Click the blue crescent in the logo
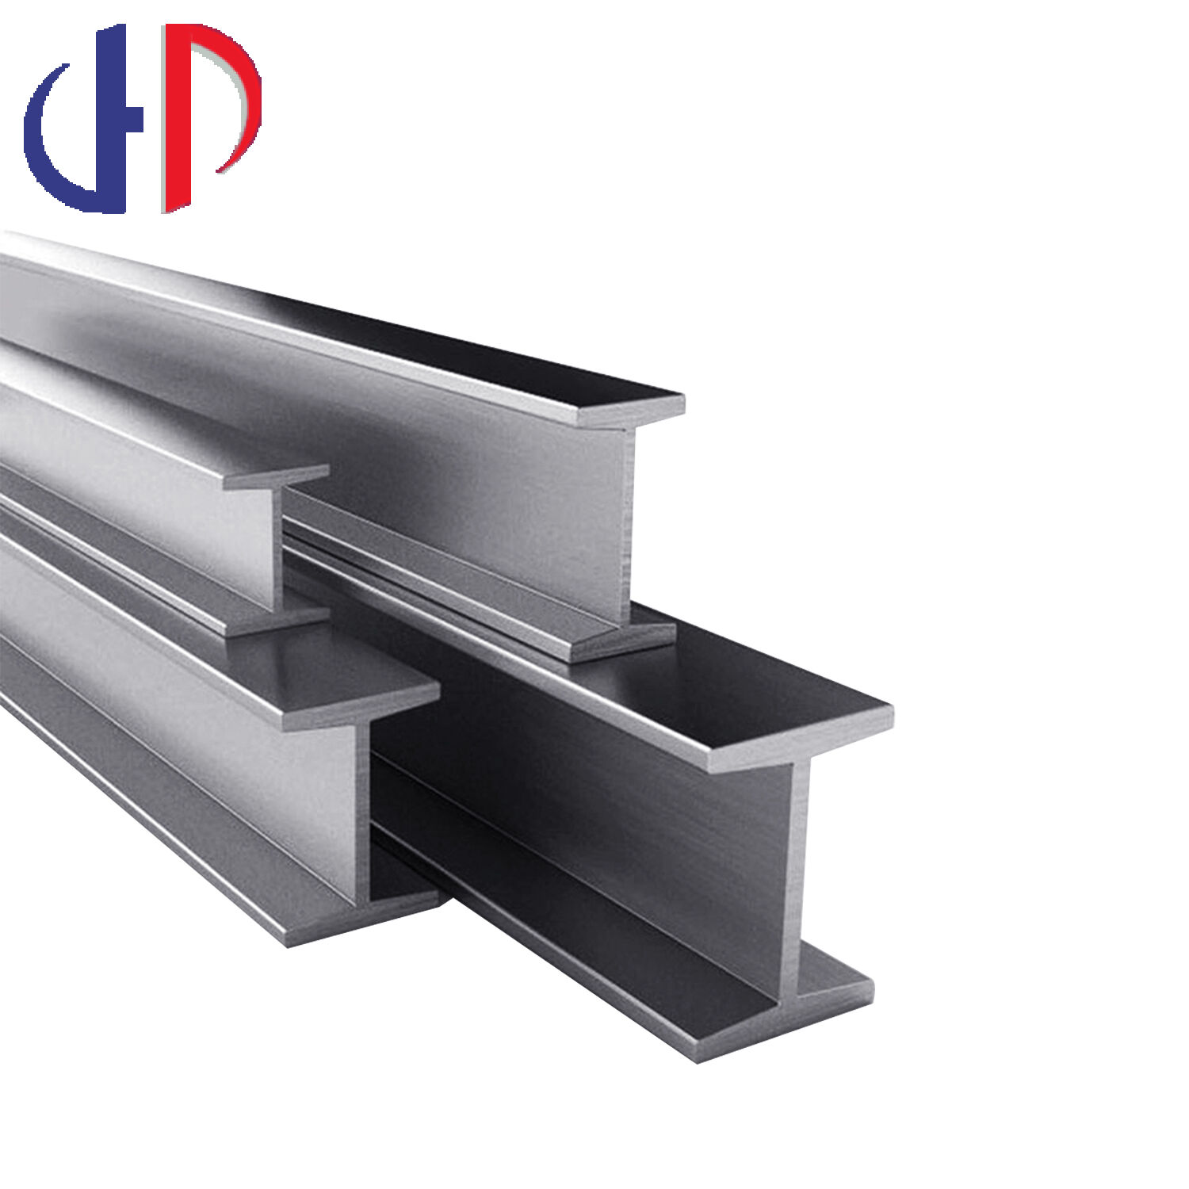[x=49, y=151]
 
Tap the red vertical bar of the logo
[x=177, y=119]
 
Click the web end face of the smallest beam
[x=277, y=547]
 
